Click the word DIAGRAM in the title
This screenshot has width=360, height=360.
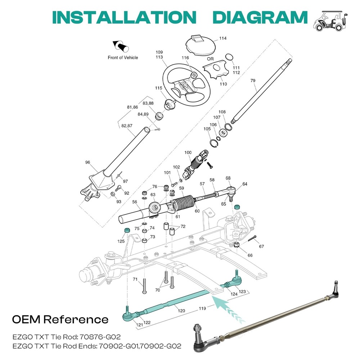pos(260,17)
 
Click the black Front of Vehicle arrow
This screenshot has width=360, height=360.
pos(121,46)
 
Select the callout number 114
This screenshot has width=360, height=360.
pos(223,39)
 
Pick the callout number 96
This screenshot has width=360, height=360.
pos(87,162)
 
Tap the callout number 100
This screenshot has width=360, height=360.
pos(188,153)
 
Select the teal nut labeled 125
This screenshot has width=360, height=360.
pos(127,230)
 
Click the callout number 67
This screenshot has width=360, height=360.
pos(261,246)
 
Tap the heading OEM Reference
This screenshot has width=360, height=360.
pos(60,319)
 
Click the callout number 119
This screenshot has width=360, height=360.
pos(202,309)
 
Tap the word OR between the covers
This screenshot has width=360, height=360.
pos(210,59)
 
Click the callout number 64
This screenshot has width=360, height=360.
pos(245,184)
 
